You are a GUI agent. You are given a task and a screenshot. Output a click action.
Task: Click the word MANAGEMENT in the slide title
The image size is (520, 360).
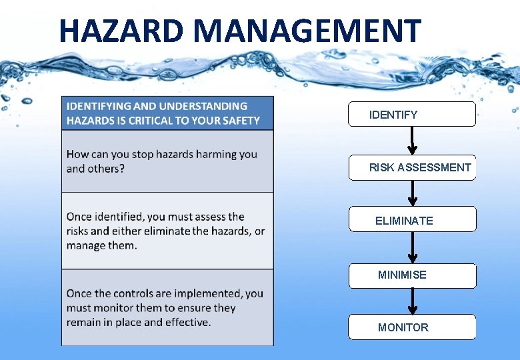pyautogui.click(x=309, y=31)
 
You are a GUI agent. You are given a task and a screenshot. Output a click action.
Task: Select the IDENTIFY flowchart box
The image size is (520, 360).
pyautogui.click(x=412, y=115)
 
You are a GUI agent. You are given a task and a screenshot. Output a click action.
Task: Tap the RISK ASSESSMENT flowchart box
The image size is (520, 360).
pyautogui.click(x=412, y=167)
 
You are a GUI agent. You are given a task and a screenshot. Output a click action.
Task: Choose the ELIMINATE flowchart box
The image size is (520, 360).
pyautogui.click(x=412, y=219)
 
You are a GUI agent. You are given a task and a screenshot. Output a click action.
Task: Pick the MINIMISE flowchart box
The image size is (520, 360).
pyautogui.click(x=412, y=275)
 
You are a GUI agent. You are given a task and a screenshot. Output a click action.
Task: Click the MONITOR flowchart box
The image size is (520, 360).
pyautogui.click(x=412, y=327)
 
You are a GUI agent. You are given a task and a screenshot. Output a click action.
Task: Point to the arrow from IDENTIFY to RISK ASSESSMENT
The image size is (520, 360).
pyautogui.click(x=413, y=140)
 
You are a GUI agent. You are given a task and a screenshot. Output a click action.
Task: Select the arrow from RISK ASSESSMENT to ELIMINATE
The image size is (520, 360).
pyautogui.click(x=413, y=193)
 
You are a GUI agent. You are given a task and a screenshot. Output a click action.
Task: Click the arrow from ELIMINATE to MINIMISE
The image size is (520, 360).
pyautogui.click(x=413, y=247)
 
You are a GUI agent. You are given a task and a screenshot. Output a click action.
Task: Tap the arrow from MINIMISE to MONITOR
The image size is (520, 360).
pyautogui.click(x=413, y=301)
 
